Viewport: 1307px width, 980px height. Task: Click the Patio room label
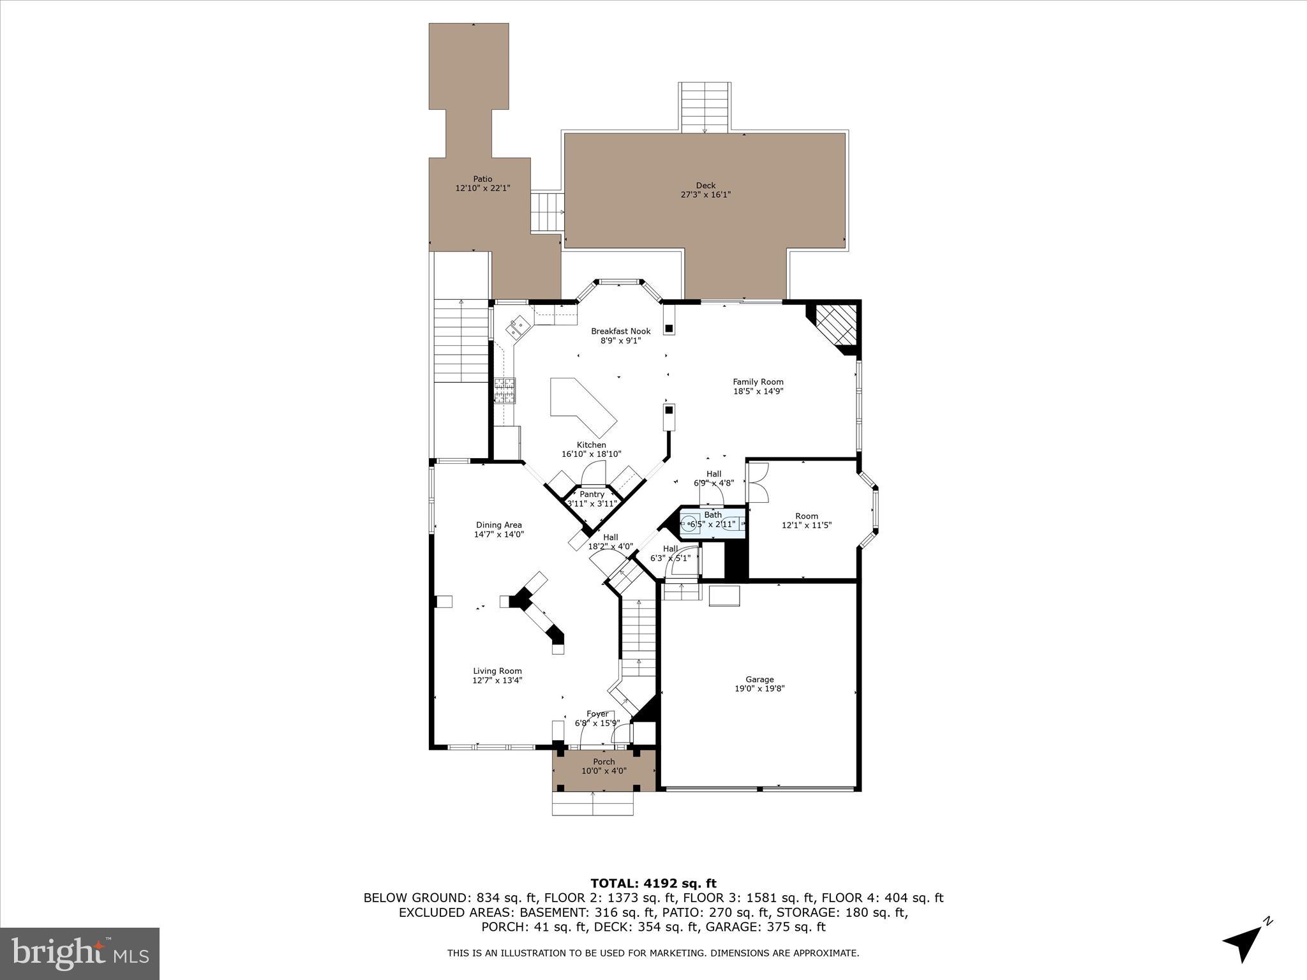(482, 179)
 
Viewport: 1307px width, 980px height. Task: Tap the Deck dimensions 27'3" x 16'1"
(705, 195)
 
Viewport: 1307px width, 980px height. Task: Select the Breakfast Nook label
(620, 331)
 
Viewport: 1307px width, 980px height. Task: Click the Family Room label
(758, 382)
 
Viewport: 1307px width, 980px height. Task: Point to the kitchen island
(582, 406)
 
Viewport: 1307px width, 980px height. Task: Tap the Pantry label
(592, 494)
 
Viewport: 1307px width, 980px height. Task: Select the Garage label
(759, 679)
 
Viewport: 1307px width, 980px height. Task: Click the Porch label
(604, 762)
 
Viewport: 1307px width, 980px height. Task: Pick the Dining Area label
(498, 525)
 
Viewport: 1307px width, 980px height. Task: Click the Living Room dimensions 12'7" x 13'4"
(497, 680)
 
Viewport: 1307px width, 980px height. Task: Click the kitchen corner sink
(518, 327)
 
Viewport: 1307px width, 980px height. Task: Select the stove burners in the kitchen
(504, 391)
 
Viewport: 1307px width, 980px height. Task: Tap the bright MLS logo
(80, 953)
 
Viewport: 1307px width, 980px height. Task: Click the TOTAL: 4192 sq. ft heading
(653, 883)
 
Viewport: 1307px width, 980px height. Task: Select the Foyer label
(597, 714)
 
